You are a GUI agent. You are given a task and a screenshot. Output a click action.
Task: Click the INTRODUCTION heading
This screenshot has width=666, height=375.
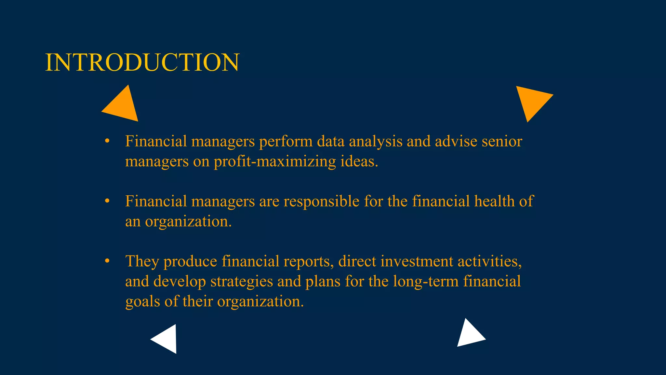pos(142,62)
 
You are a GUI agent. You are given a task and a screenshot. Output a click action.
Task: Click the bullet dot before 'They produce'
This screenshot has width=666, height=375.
pos(107,261)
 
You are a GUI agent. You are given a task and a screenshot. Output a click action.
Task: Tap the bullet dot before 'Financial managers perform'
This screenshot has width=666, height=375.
pos(107,141)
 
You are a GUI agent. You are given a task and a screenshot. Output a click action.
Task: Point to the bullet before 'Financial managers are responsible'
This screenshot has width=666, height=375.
pos(107,201)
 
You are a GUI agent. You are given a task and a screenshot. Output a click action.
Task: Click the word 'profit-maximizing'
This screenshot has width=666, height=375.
pos(275,161)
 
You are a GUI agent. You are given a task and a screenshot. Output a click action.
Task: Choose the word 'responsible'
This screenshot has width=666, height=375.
pos(321,202)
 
